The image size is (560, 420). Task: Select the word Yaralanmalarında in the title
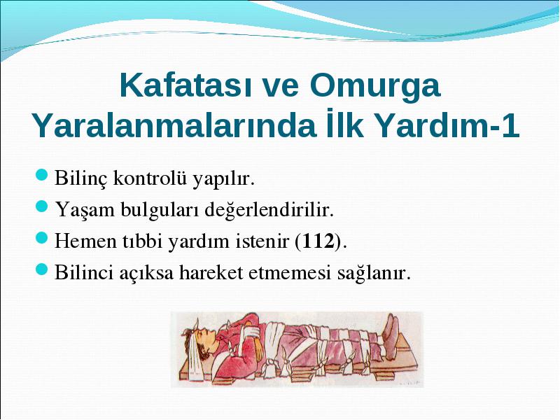tap(174, 126)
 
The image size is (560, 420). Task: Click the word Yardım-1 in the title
tap(447, 126)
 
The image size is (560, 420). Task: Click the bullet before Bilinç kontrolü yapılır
tap(42, 175)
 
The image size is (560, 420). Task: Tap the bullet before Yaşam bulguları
tap(42, 206)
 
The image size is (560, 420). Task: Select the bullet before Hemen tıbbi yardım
tap(42, 237)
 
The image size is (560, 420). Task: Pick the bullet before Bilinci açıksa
tap(42, 269)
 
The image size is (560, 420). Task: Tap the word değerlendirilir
tap(269, 209)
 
